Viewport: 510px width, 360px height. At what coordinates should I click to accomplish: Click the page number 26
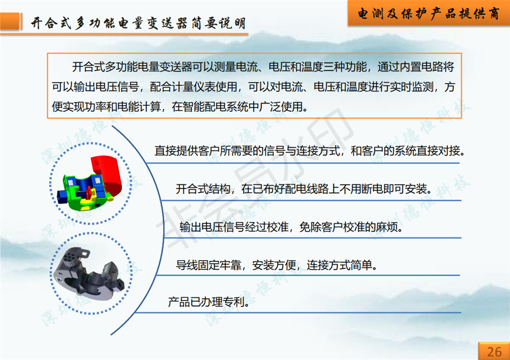[x=494, y=351]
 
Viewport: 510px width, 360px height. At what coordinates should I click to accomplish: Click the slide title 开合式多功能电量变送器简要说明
[x=138, y=23]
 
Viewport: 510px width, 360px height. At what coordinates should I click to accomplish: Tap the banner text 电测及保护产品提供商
[x=429, y=14]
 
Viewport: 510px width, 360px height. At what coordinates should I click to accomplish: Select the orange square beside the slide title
[x=10, y=21]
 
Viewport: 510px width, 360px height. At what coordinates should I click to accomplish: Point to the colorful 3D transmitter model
[x=89, y=183]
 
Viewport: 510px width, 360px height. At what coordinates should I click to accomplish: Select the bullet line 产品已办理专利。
[x=209, y=302]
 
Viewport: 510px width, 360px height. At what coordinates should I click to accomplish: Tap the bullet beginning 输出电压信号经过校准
[x=291, y=227]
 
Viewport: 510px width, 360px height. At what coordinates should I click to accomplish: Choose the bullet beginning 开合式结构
[x=304, y=189]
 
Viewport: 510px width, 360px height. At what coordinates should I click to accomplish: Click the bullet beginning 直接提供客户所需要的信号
[x=310, y=150]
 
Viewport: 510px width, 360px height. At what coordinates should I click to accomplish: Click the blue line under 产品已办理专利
[x=298, y=313]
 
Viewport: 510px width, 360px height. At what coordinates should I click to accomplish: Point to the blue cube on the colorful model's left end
[x=62, y=197]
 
